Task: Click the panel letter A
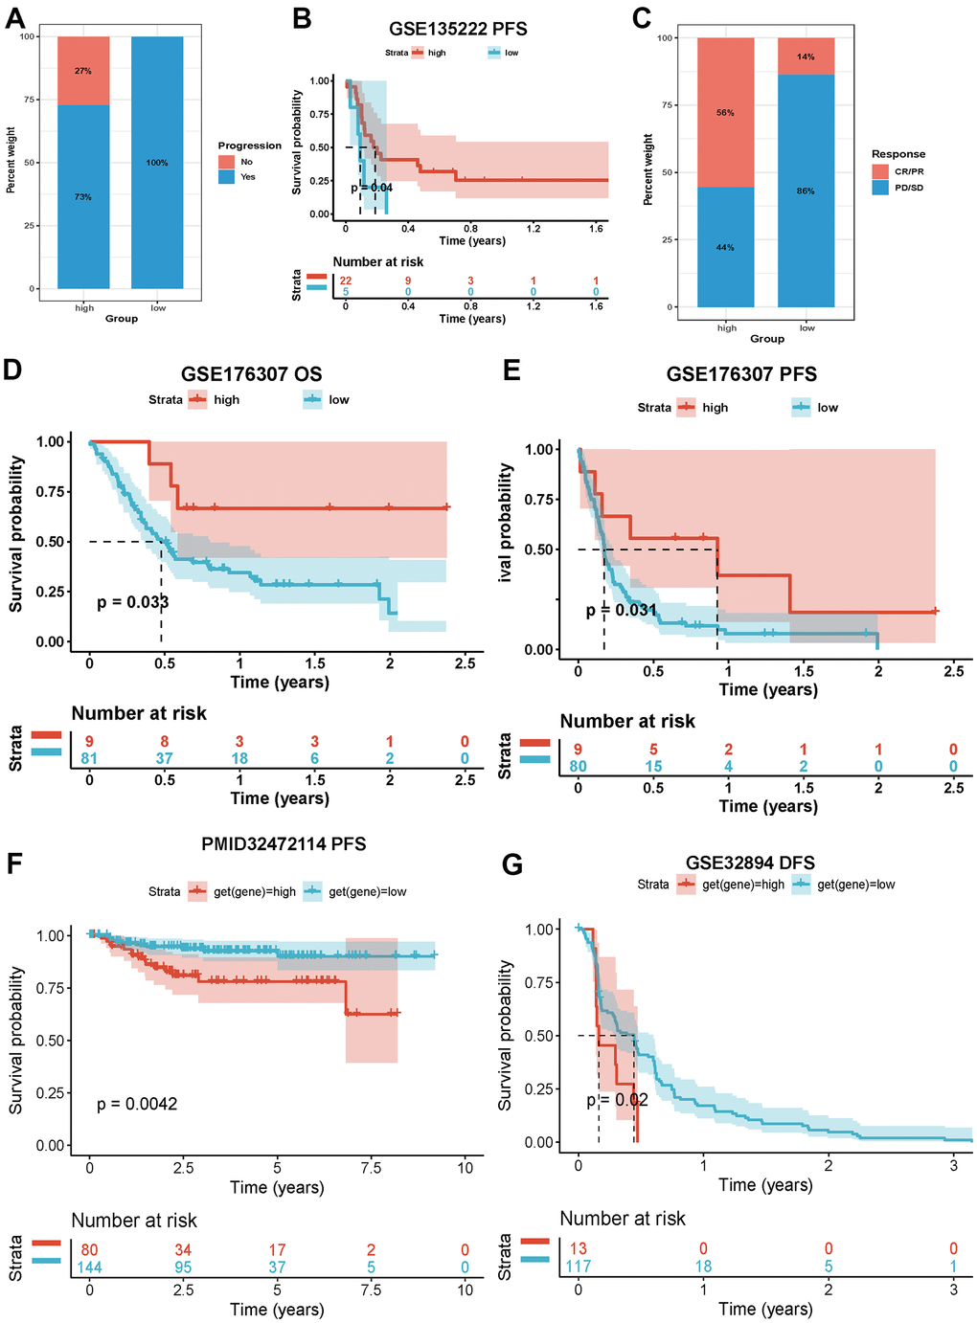[x=15, y=17]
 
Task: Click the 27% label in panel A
[x=83, y=71]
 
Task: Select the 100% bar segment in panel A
[x=157, y=163]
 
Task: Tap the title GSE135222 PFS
[x=458, y=29]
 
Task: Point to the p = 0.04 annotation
[x=372, y=188]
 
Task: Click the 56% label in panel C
[x=725, y=113]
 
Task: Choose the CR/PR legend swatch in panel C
[x=880, y=171]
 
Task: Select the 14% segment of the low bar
[x=806, y=56]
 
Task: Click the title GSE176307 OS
[x=251, y=374]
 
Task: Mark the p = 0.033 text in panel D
[x=132, y=602]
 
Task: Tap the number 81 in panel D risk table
[x=89, y=758]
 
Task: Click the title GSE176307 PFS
[x=741, y=374]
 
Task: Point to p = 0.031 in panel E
[x=622, y=610]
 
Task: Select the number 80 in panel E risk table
[x=578, y=766]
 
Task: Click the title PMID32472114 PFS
[x=284, y=844]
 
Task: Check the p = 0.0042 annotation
[x=137, y=1104]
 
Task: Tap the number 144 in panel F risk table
[x=89, y=1267]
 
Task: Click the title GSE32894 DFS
[x=750, y=863]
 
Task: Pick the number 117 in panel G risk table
[x=578, y=1266]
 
